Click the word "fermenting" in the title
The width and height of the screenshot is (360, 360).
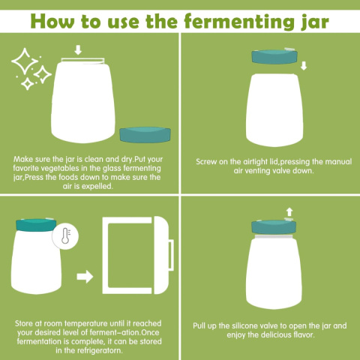(x=239, y=22)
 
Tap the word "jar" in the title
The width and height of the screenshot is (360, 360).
(x=314, y=22)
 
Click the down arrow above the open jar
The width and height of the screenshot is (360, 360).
(x=78, y=50)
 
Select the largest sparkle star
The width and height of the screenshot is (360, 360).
(x=25, y=61)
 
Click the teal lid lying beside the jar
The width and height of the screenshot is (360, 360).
(x=145, y=135)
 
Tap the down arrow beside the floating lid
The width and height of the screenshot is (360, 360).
(x=304, y=66)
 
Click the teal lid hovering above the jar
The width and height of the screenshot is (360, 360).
(x=274, y=56)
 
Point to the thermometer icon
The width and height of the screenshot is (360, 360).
(x=66, y=235)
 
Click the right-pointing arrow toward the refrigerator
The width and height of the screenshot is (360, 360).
(x=85, y=277)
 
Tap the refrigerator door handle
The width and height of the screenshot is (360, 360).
(x=171, y=255)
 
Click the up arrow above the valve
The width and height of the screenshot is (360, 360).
(x=289, y=211)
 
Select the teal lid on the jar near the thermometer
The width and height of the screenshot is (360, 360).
(x=36, y=225)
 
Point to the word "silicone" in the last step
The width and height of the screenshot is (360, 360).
(x=244, y=325)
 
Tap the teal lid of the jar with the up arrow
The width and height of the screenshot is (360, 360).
(x=274, y=227)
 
